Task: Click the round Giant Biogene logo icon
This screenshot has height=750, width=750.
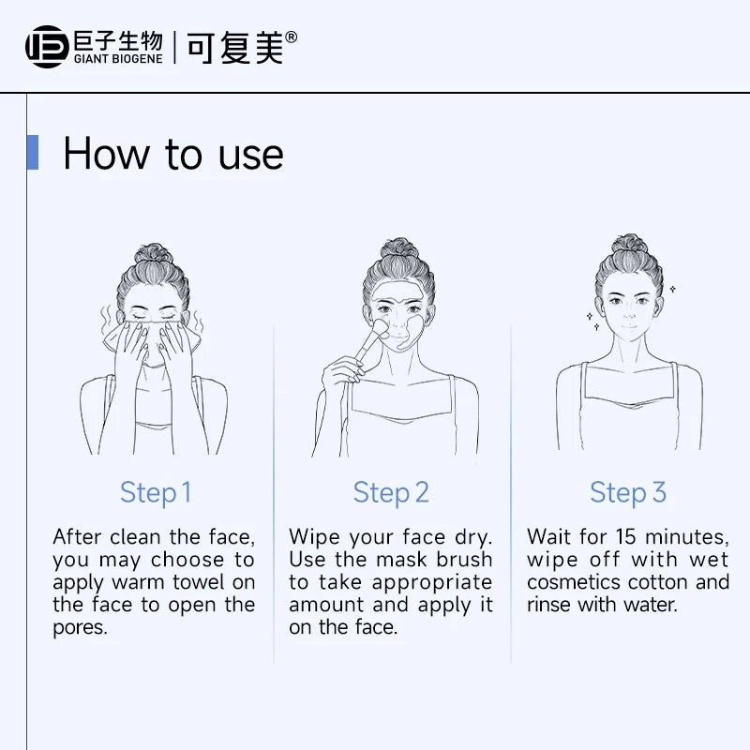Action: point(47,47)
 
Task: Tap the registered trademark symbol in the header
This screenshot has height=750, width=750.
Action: point(291,37)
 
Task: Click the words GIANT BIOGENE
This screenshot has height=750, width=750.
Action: point(118,59)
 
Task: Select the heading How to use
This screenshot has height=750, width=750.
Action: point(173,154)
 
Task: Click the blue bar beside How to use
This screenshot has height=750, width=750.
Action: point(33,152)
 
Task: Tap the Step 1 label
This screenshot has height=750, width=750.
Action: point(156,493)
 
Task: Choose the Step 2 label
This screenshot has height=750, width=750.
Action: point(391,493)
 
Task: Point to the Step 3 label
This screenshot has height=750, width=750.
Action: point(627,493)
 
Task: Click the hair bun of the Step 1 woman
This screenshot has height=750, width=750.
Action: point(153,253)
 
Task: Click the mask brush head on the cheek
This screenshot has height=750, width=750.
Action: point(381,328)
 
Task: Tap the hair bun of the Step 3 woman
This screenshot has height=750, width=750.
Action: point(629,244)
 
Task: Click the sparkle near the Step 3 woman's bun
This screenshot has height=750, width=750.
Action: point(672,289)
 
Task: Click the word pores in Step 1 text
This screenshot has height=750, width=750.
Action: point(80,628)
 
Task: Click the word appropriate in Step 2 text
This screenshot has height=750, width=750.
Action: point(432,583)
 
